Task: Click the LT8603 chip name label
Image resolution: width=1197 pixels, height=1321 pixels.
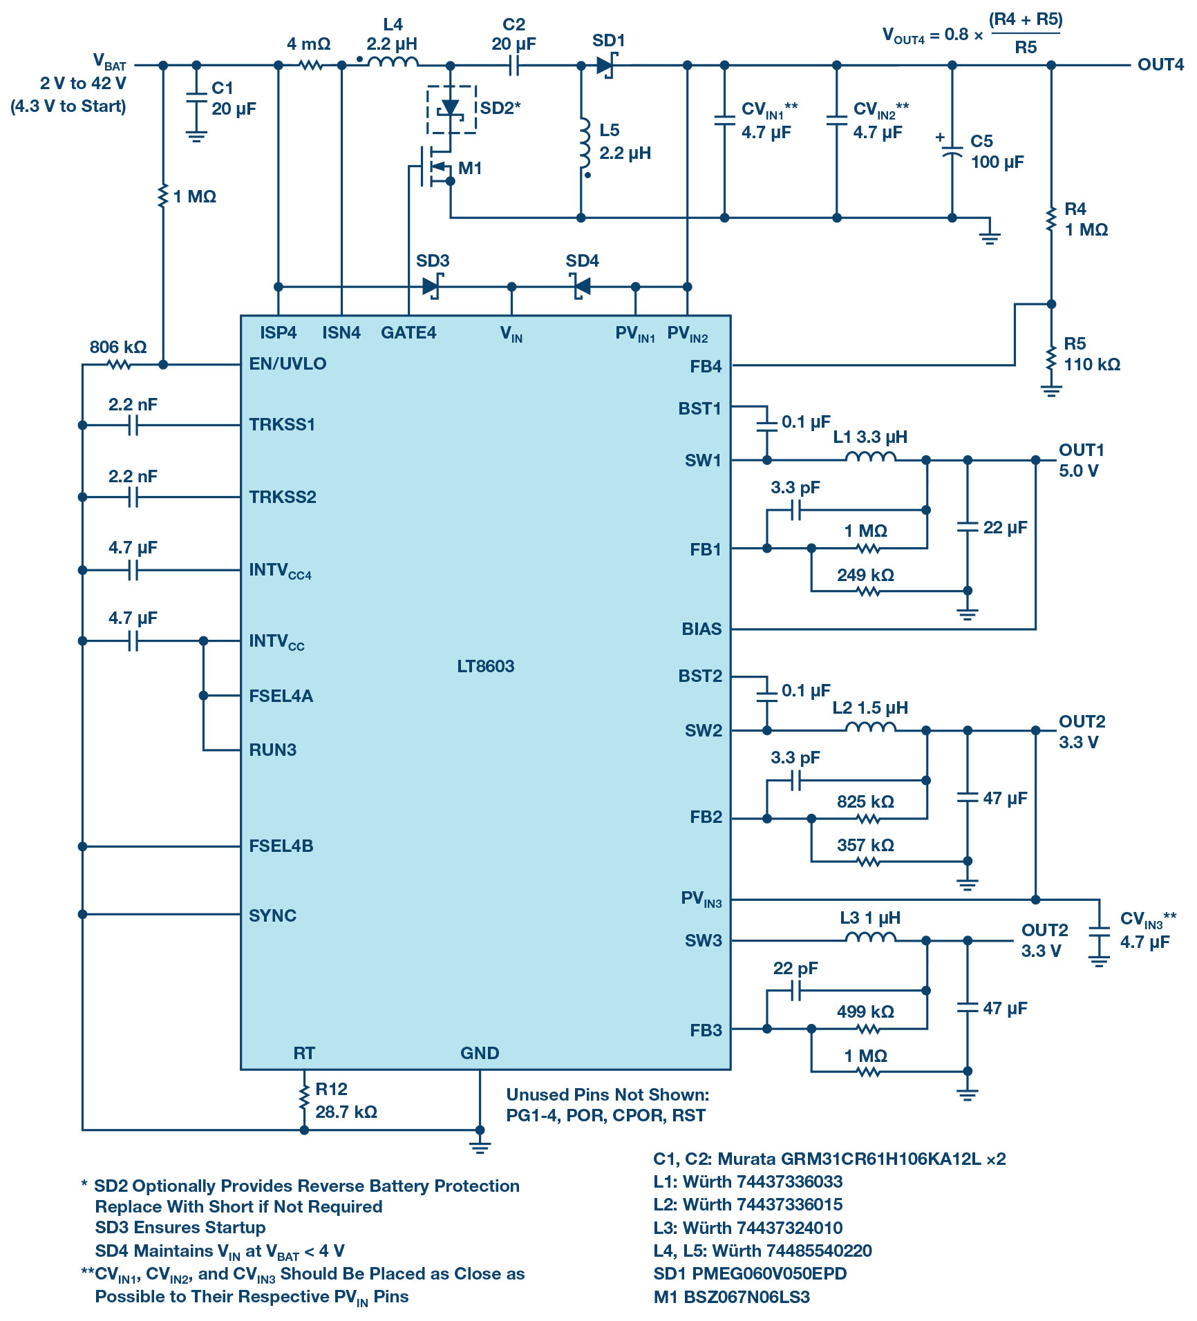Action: coord(485,666)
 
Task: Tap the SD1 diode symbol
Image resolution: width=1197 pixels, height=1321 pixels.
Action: coord(605,66)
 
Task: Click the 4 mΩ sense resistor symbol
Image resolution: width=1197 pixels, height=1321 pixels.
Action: coord(311,66)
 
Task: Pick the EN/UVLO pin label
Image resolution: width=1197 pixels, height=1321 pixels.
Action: coord(288,364)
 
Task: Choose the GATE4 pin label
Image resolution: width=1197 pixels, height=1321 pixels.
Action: coord(408,333)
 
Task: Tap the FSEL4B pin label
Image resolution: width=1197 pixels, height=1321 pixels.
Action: coord(281,846)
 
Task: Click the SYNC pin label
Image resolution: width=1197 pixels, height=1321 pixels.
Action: coord(272,915)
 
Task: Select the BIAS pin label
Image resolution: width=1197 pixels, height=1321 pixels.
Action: coord(701,629)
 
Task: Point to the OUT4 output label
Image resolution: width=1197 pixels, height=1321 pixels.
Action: coord(1160,65)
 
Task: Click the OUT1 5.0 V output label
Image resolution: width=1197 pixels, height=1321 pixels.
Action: coord(1081,460)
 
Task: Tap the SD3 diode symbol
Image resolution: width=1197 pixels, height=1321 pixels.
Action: coord(432,286)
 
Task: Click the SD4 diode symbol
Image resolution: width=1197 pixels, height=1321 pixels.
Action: coord(581,286)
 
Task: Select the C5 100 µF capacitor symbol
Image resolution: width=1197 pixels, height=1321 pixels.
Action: coord(952,152)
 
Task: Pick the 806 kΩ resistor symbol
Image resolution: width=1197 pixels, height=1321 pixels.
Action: coord(120,365)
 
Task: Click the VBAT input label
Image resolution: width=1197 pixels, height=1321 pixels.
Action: coord(109,62)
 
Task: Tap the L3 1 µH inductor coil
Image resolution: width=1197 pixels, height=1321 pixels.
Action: coord(870,938)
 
